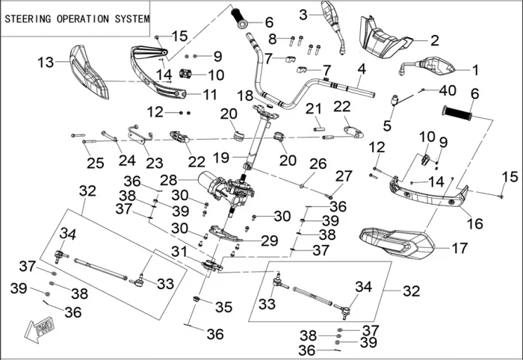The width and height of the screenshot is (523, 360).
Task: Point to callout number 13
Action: point(46,62)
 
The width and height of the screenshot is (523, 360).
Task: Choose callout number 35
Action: point(223,306)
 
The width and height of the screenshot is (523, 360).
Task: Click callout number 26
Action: point(318,163)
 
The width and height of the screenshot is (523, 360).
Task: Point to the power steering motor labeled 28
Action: point(217,183)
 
